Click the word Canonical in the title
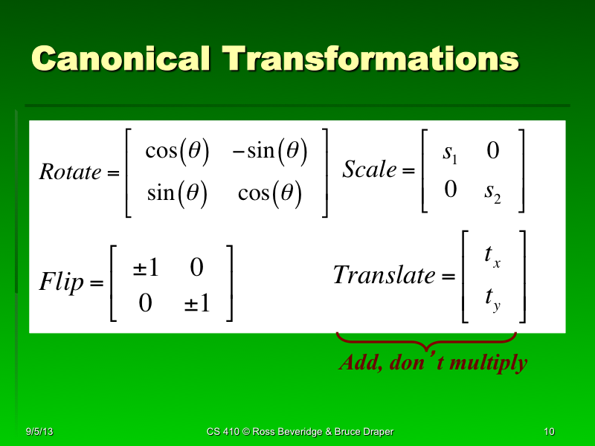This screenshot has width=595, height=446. (120, 59)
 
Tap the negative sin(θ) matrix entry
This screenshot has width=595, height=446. (269, 151)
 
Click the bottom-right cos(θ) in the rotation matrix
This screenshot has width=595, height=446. (269, 194)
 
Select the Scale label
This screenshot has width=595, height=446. (370, 169)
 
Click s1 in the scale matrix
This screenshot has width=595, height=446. (450, 153)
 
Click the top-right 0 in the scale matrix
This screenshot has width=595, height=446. (492, 152)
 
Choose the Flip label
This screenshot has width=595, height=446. (60, 282)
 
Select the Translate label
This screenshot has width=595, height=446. (384, 276)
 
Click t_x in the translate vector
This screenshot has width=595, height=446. (492, 256)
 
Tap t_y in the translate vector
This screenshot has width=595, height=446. (492, 299)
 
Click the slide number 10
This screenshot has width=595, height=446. (550, 432)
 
